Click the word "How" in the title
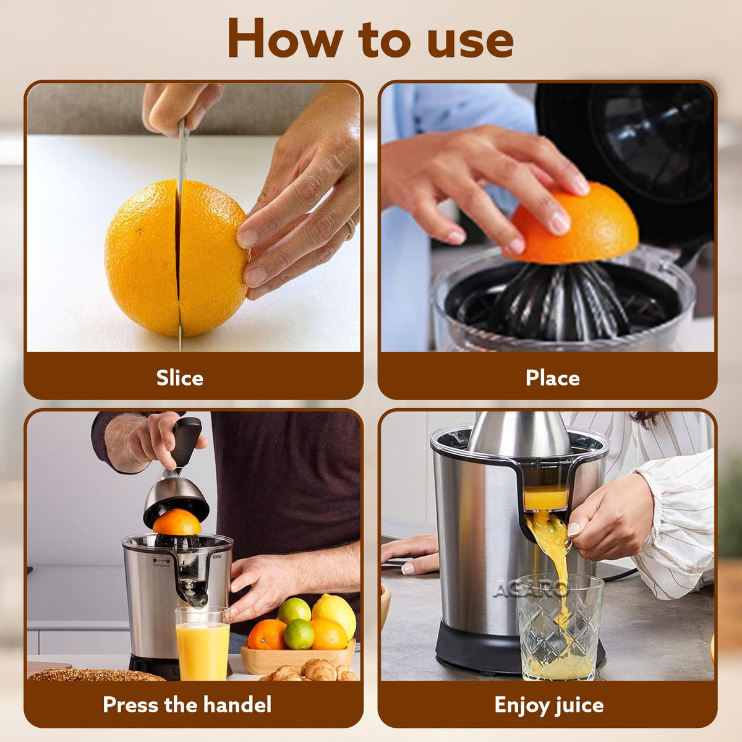pyautogui.click(x=284, y=39)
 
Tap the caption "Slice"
pyautogui.click(x=179, y=378)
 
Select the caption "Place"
pyautogui.click(x=552, y=378)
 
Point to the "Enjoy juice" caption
pyautogui.click(x=548, y=704)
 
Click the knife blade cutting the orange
pyautogui.click(x=181, y=161)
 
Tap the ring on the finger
pyautogui.click(x=351, y=228)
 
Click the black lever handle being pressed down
pyautogui.click(x=185, y=440)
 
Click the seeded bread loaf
pyautogui.click(x=93, y=675)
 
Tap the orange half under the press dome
pyautogui.click(x=177, y=522)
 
